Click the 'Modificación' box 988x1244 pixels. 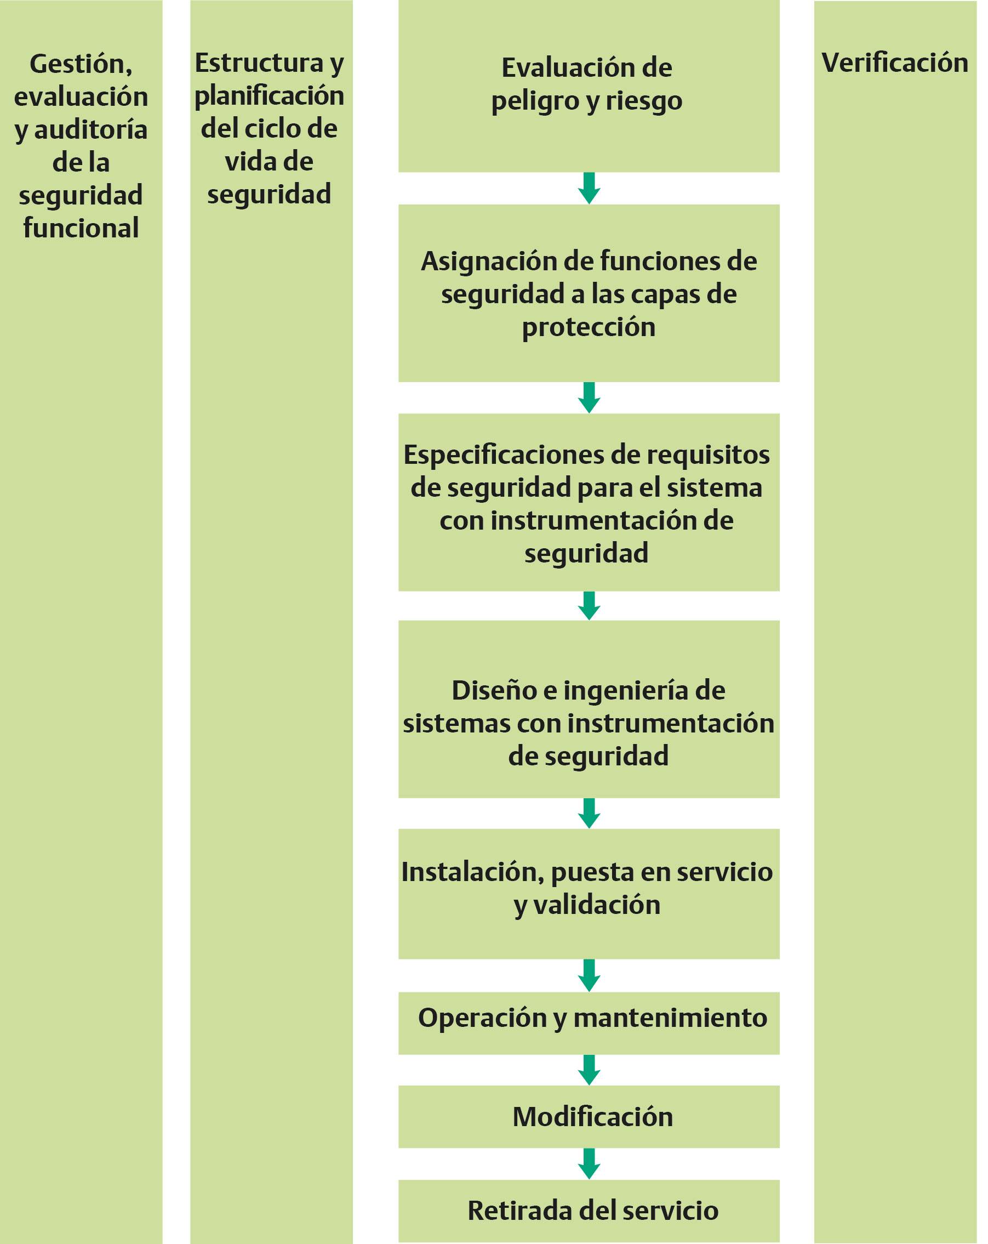[x=589, y=1116]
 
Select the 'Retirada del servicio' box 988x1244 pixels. [x=589, y=1211]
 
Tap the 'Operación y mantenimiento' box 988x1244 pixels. [x=589, y=1023]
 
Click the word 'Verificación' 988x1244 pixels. [x=894, y=63]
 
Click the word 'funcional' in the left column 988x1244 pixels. [x=81, y=228]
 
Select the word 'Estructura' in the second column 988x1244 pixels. [x=259, y=63]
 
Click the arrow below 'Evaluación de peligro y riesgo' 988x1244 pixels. [x=589, y=188]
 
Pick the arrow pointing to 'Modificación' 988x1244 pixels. [x=589, y=1070]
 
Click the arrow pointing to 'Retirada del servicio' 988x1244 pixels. [x=589, y=1164]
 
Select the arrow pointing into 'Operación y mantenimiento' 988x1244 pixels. [x=589, y=976]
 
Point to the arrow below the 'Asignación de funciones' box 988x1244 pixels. [x=589, y=397]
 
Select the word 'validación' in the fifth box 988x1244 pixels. [x=596, y=904]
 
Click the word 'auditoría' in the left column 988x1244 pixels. [x=90, y=129]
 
